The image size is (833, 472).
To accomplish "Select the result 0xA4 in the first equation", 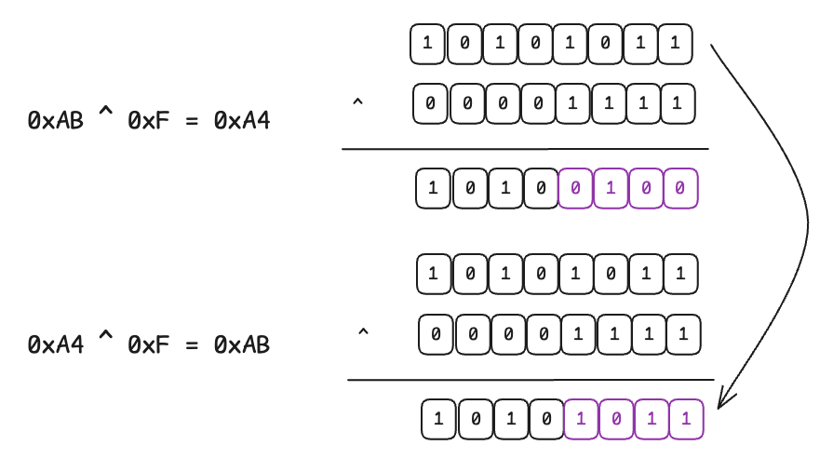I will tap(242, 120).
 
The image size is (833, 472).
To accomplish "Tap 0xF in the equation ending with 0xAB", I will tap(147, 344).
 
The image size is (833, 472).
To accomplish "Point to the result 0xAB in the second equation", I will tap(242, 344).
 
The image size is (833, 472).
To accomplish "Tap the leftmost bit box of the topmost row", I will tap(427, 43).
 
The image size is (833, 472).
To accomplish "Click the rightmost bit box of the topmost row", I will tap(675, 43).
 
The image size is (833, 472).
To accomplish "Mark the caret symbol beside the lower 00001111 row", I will tap(363, 331).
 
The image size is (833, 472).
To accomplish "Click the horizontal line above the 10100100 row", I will tap(524, 149).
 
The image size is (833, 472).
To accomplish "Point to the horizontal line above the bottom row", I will tap(530, 380).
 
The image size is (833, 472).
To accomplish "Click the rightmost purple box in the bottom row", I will tap(686, 419).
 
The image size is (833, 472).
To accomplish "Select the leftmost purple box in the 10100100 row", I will tap(575, 189).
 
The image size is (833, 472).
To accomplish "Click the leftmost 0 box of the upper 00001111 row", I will tap(430, 103).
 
